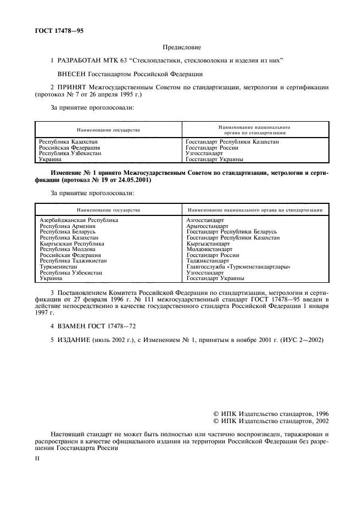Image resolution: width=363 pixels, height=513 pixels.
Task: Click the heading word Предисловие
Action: tap(181, 48)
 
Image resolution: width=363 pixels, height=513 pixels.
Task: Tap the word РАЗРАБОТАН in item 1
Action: tap(83, 60)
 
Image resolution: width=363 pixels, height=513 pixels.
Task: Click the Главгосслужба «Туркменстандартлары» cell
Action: tap(238, 267)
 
